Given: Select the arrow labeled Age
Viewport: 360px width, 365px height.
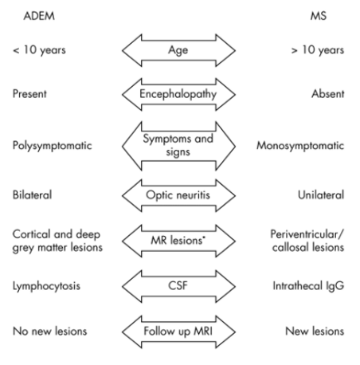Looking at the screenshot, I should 178,53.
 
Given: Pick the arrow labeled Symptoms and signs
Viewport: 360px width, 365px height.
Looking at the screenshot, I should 178,147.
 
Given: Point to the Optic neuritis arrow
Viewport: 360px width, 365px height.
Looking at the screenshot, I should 178,193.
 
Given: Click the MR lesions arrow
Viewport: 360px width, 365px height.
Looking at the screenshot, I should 178,239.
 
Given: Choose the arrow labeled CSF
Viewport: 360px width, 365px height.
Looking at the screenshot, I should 178,285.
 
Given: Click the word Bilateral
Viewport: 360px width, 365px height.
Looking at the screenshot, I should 30,193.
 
